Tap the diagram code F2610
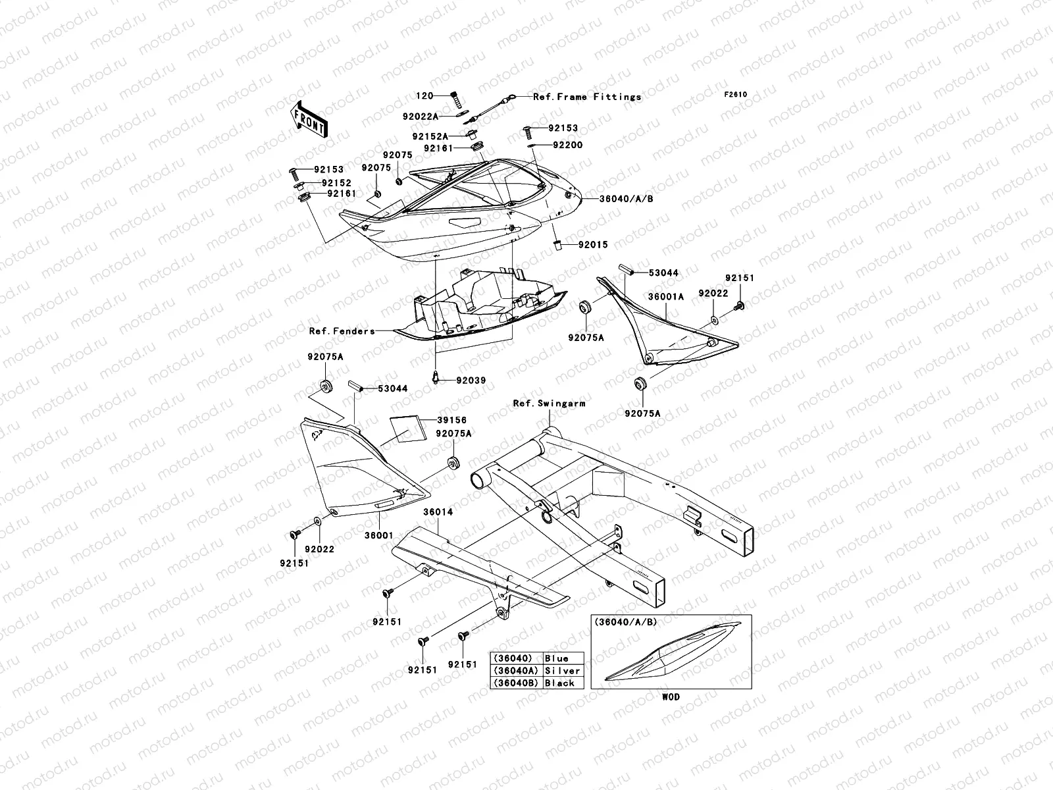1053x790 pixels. pos(736,94)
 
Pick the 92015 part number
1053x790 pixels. pos(593,245)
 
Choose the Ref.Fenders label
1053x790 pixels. pos(342,331)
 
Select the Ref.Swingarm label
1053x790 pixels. pos(549,403)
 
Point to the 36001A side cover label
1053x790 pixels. pos(665,297)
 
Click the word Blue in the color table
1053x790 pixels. pos(556,658)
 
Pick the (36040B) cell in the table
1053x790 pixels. pos(516,683)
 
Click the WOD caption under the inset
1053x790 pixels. pos(671,697)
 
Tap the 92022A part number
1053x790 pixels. pos(439,116)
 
